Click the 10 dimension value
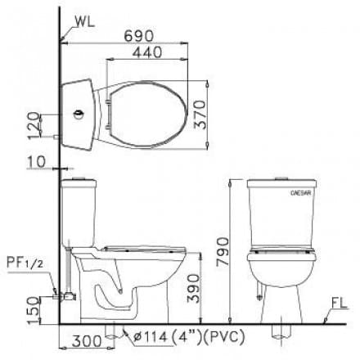pos(35,160)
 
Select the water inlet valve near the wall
pos(57,290)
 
